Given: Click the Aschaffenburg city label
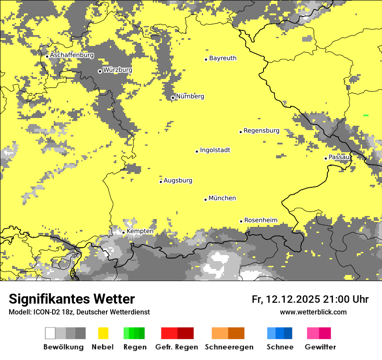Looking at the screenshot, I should [x=72, y=56].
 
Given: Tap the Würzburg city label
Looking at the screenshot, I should [x=117, y=70].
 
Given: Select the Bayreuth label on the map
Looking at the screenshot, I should [x=223, y=58].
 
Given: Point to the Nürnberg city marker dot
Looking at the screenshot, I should [x=173, y=98].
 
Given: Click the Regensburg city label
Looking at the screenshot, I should [x=261, y=131].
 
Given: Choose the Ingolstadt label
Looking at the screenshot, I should [x=215, y=151].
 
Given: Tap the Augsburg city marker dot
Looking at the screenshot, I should [x=161, y=181].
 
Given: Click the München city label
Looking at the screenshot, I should [x=222, y=198].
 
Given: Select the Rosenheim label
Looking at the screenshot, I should [x=260, y=220].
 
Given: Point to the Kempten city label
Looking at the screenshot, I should [x=140, y=231].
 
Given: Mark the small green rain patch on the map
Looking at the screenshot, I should [x=366, y=115].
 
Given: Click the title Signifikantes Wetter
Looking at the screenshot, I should [x=72, y=299].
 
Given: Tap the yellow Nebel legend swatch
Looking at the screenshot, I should [x=103, y=333].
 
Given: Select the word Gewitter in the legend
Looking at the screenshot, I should [x=320, y=347].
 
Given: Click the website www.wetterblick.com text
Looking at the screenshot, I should [x=313, y=312].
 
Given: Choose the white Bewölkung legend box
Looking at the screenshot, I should [x=50, y=333].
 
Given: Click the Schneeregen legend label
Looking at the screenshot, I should [x=229, y=347].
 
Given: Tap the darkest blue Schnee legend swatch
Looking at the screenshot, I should [x=288, y=333].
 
